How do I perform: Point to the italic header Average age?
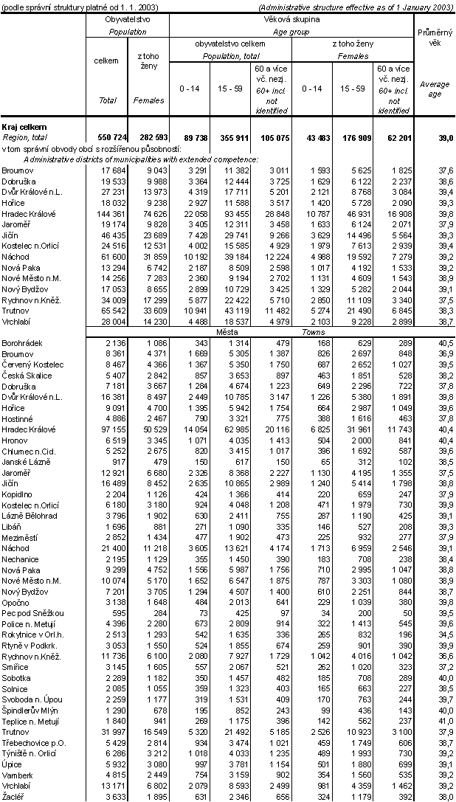coord(435,89)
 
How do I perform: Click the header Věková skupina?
coord(292,18)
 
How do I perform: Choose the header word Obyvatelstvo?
coord(128,18)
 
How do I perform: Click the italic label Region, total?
coord(25,137)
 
